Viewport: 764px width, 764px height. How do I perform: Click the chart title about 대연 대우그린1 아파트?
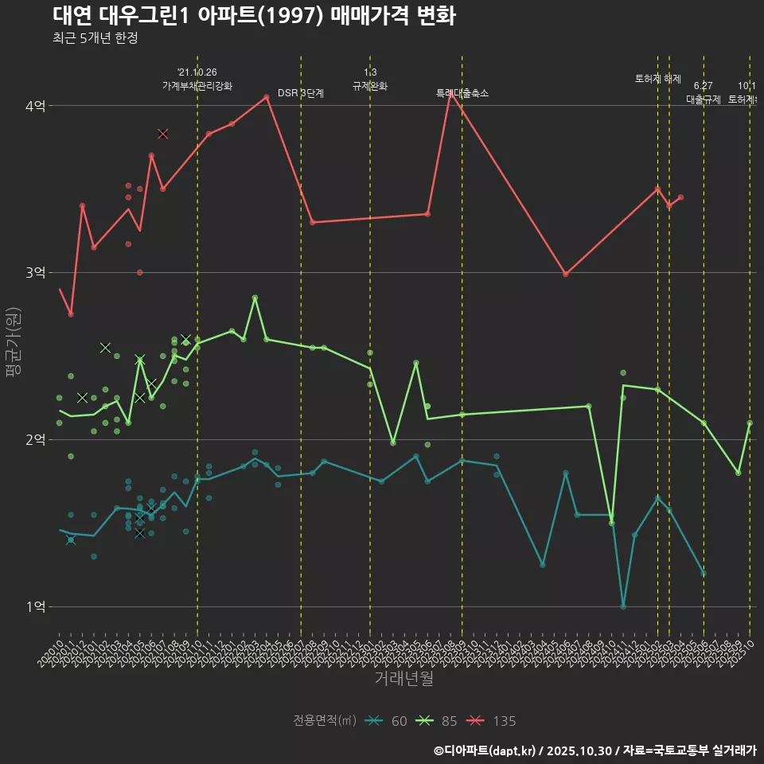coord(254,16)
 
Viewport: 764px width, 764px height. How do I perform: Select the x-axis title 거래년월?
coord(403,679)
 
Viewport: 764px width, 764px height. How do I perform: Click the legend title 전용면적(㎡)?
coord(325,721)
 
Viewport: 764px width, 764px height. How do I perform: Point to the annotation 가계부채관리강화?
coord(197,85)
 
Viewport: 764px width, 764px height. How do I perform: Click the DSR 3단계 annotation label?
coord(301,93)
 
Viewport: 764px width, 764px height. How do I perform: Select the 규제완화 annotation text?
coord(370,85)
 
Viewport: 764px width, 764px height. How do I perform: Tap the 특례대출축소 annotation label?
coord(462,93)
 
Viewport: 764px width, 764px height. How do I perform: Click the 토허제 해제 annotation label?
coord(658,79)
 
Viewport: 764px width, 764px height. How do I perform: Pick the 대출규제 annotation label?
coord(704,99)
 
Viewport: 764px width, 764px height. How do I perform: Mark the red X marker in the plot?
coord(162,134)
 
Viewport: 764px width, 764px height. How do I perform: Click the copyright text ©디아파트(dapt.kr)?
coord(486,750)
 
